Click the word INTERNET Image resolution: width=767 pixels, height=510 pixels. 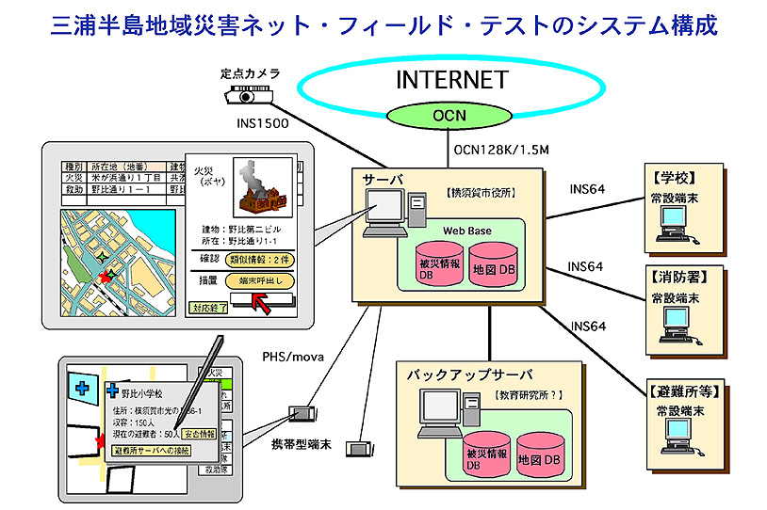pos(451,80)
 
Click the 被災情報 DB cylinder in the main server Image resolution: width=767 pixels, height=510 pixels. pos(439,263)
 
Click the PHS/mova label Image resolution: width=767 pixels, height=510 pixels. pos(292,356)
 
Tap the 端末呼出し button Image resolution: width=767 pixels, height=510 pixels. pos(259,280)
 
